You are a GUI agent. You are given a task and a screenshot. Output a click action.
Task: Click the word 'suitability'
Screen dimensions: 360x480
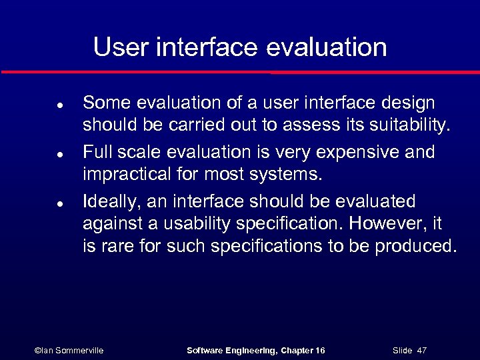pyautogui.click(x=409, y=126)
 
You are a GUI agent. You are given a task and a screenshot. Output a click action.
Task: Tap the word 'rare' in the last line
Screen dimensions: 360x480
pyautogui.click(x=116, y=247)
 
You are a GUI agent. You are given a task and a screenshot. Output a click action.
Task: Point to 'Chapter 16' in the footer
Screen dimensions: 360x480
pyautogui.click(x=303, y=350)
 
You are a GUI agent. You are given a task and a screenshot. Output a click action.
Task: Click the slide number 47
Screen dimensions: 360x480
pyautogui.click(x=421, y=350)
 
